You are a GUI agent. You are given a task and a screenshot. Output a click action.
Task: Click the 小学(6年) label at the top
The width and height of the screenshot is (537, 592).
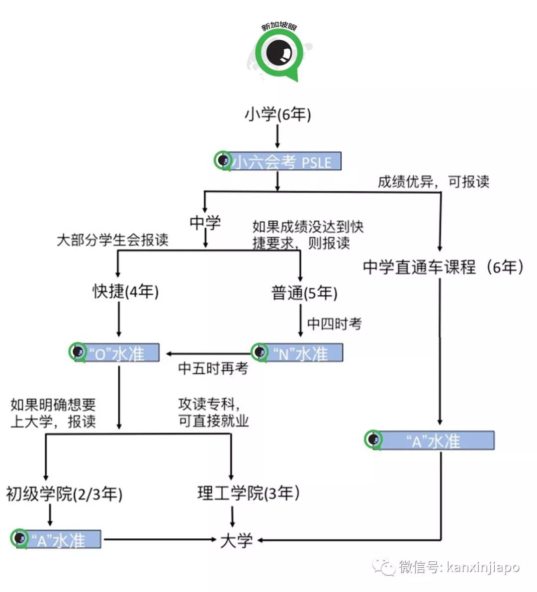[277, 115]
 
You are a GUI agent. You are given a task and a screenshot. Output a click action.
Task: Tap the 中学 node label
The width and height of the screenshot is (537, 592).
[205, 222]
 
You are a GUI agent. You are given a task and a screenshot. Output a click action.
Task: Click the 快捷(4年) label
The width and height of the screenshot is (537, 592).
[126, 291]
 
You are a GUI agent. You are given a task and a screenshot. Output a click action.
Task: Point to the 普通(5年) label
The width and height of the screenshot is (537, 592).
[304, 293]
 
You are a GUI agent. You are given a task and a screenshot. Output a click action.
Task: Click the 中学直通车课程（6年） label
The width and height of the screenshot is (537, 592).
[443, 267]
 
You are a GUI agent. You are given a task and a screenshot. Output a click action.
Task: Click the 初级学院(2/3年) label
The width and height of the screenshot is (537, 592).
[64, 494]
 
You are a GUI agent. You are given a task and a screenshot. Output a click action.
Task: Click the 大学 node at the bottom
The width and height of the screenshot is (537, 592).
[237, 540]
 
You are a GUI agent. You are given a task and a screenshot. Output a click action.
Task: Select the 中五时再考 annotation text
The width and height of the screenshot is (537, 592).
[213, 369]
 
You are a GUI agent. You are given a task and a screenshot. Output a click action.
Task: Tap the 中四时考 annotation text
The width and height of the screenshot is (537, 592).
[335, 324]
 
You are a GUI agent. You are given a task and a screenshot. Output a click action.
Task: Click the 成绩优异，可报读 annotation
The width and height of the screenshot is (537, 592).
[433, 181]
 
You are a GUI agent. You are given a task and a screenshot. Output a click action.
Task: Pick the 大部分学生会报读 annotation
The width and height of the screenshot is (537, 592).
[113, 241]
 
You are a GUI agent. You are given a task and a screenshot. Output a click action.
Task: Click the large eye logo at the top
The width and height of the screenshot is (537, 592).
[278, 52]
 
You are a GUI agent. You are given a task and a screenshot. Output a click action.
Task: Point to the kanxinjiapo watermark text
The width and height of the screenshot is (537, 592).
[483, 567]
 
